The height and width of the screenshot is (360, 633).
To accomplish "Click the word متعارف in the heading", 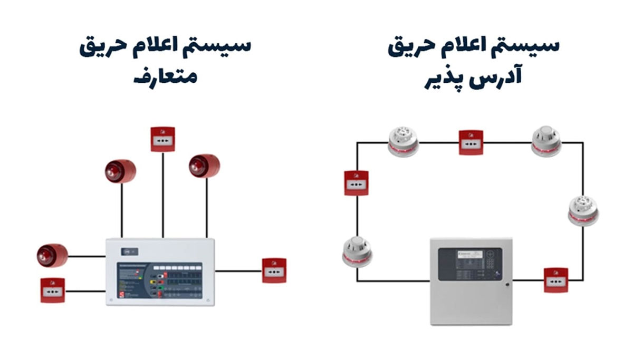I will (x=165, y=77).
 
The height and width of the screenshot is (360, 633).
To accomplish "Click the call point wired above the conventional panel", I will (x=163, y=139).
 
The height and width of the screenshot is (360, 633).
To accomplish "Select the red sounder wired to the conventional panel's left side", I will (x=52, y=256).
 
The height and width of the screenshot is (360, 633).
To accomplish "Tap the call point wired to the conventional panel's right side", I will (x=274, y=270).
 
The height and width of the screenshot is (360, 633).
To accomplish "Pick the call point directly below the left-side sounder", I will (x=53, y=290).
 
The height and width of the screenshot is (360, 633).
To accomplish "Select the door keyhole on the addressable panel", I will (x=507, y=285).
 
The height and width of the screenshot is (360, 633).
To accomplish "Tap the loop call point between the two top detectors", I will (x=471, y=142).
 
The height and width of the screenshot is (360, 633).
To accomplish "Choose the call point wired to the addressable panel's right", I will (x=556, y=280).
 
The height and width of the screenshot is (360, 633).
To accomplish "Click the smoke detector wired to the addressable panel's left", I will (x=357, y=251).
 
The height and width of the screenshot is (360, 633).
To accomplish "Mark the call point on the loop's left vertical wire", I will (x=357, y=183).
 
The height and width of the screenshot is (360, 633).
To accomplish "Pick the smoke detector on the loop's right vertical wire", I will (x=583, y=210).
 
